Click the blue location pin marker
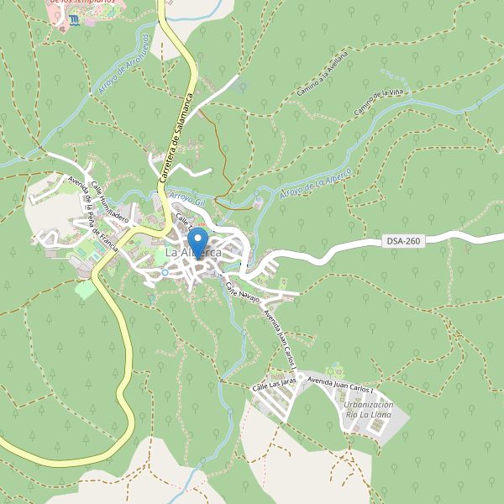tap(200, 241)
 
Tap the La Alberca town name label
tap(193, 252)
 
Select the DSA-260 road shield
tap(404, 241)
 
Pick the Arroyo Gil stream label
tap(187, 198)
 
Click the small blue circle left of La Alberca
tap(165, 272)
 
